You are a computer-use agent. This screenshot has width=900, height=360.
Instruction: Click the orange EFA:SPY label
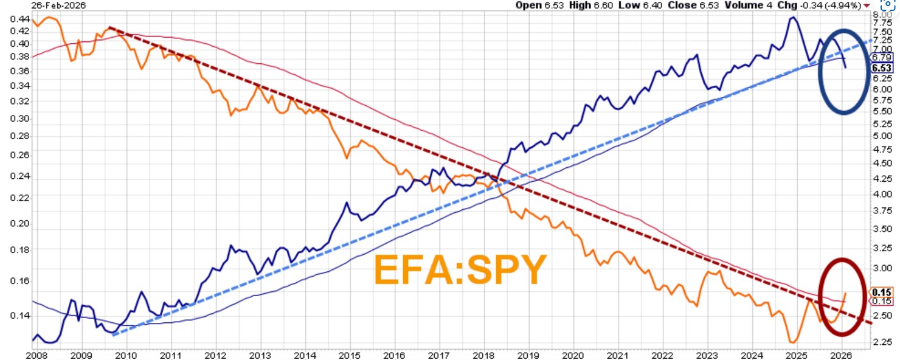click(460, 270)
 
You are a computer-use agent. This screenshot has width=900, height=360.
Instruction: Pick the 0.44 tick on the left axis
click(19, 18)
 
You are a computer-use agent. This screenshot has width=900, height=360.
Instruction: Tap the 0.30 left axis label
click(19, 118)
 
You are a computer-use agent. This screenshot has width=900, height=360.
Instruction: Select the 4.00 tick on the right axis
click(882, 194)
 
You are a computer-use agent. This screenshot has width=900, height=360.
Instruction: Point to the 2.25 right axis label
click(882, 342)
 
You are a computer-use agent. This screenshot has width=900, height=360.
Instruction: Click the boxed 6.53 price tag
click(881, 68)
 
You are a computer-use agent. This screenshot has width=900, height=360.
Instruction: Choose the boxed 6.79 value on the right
click(881, 57)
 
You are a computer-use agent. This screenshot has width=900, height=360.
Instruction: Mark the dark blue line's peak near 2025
click(792, 17)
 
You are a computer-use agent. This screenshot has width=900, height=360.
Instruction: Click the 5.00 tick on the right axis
click(882, 135)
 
